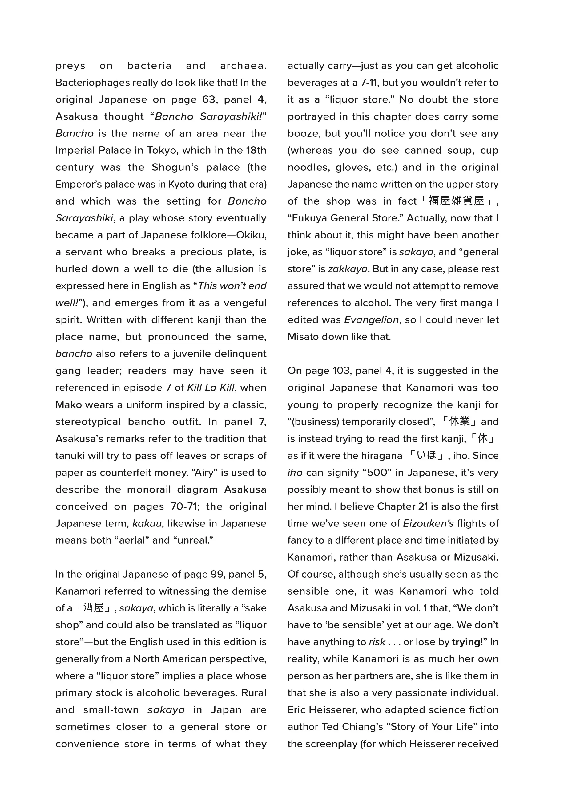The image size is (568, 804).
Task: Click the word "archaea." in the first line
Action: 243,66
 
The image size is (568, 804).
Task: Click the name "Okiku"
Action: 250,235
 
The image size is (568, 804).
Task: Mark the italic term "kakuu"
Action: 147,523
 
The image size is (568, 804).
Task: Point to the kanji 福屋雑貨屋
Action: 456,201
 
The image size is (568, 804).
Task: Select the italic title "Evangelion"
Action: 371,320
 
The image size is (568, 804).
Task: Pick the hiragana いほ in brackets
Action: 426,455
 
